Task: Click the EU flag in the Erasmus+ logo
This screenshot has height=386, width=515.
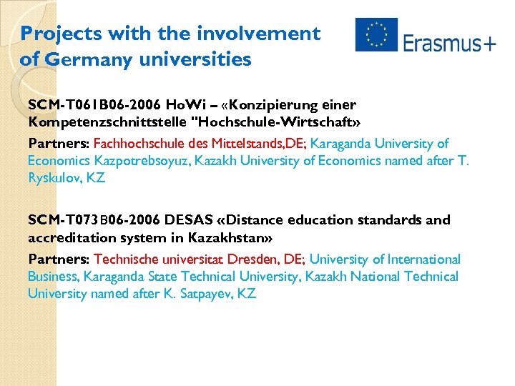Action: pyautogui.click(x=376, y=34)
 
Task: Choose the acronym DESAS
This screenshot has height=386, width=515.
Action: pyautogui.click(x=189, y=219)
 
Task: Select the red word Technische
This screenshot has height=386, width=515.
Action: pyautogui.click(x=127, y=259)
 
